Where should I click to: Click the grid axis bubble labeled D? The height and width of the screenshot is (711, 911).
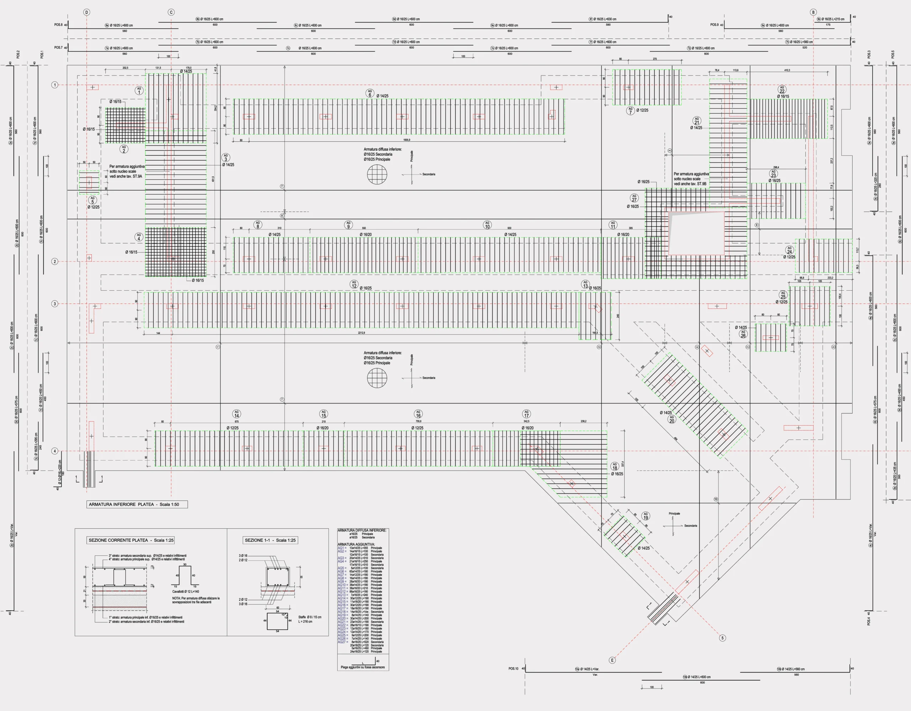(87, 12)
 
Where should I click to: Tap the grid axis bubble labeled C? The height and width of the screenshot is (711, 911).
(171, 12)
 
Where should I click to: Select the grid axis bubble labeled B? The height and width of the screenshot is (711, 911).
(813, 12)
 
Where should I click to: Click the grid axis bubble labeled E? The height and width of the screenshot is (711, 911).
(612, 660)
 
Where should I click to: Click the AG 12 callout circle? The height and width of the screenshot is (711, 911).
(354, 285)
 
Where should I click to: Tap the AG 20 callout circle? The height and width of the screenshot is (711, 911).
(672, 419)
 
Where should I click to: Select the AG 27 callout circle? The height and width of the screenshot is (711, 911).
(634, 198)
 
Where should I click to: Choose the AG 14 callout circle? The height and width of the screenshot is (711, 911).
(237, 414)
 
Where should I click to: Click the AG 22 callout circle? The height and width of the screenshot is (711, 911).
(782, 90)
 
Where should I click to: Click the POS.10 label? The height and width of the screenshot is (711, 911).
(513, 668)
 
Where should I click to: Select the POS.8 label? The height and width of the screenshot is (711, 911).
(58, 25)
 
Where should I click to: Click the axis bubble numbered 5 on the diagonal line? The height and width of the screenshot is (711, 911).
(722, 638)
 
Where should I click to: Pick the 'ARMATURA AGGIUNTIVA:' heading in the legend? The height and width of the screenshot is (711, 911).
(356, 544)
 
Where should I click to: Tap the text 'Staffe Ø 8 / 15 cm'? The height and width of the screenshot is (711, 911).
(310, 617)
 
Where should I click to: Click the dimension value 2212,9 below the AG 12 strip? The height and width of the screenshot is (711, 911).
(361, 333)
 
